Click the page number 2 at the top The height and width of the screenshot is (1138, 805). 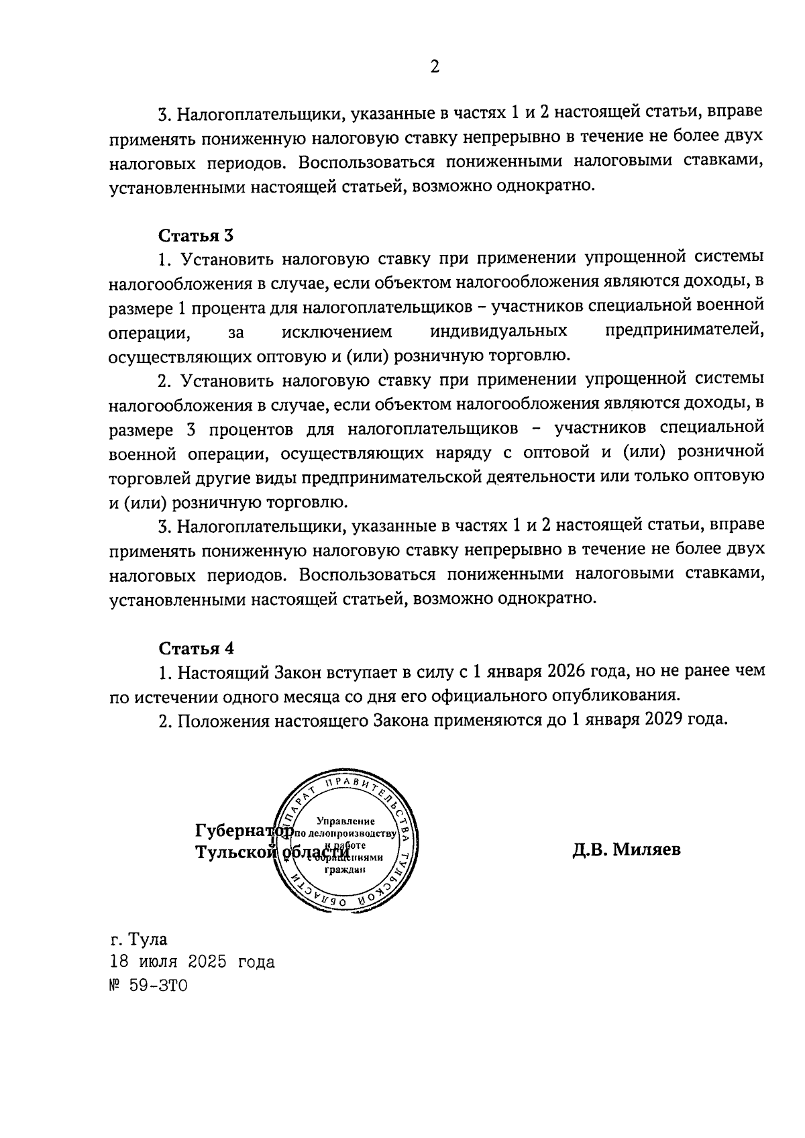(435, 67)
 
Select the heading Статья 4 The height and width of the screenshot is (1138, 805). (196, 648)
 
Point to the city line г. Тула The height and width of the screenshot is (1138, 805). (139, 939)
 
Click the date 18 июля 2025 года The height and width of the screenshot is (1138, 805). (193, 962)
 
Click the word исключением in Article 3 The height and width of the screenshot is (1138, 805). (336, 331)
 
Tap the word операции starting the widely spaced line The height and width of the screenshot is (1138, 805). (148, 331)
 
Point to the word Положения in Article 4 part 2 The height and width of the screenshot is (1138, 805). (214, 721)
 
